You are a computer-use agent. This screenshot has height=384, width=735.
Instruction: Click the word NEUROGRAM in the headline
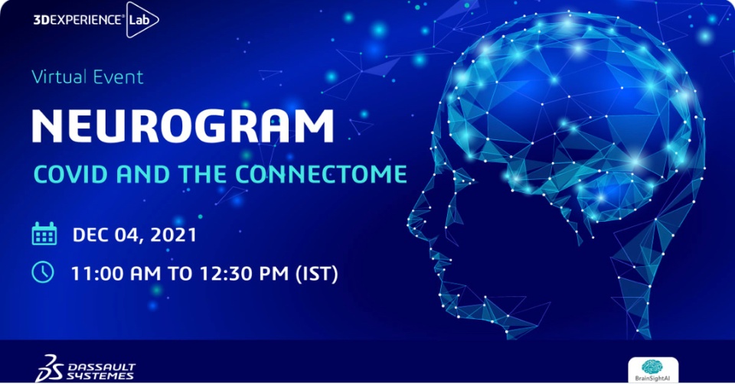(x=183, y=126)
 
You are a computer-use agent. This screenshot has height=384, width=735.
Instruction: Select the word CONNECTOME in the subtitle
(x=321, y=174)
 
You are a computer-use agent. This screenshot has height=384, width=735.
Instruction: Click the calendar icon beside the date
(x=44, y=233)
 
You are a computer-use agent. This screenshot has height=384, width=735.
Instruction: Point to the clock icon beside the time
(x=43, y=272)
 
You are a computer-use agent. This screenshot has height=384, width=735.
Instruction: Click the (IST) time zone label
(x=316, y=274)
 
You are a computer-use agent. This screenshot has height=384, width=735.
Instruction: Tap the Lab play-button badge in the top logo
(x=142, y=20)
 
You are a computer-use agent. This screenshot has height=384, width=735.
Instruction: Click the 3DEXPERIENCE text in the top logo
(x=78, y=20)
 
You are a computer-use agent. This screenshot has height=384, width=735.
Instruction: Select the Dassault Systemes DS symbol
(x=49, y=368)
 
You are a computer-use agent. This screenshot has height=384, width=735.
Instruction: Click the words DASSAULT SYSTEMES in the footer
(x=101, y=371)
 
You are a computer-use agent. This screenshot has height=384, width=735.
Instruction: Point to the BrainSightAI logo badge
(x=652, y=370)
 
